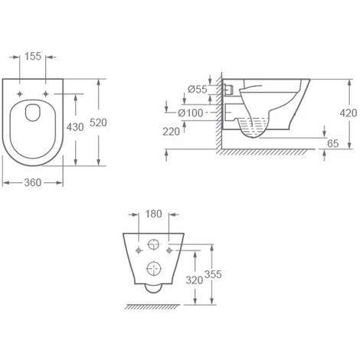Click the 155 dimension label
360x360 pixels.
point(33,56)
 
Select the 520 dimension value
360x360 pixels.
point(98,123)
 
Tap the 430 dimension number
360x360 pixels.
point(75,127)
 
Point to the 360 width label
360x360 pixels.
point(33,182)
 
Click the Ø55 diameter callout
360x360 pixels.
point(198,90)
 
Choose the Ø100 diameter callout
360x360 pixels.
point(191,113)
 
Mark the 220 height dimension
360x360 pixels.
point(172,132)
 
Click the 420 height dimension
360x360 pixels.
point(349,113)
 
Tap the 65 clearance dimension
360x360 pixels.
point(332,143)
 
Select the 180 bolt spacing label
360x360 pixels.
point(153,214)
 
